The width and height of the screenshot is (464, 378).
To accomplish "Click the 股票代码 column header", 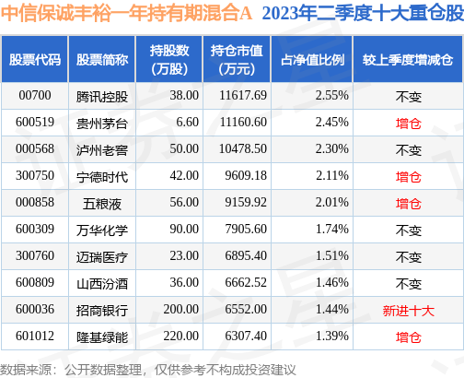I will [x=35, y=60].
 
